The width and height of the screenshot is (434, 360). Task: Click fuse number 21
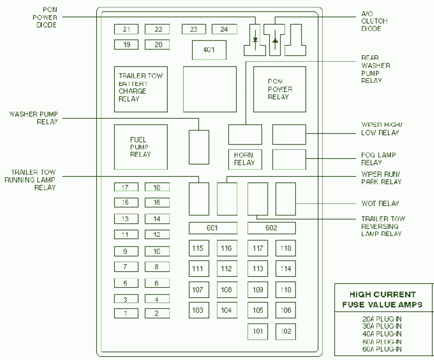pyautogui.click(x=126, y=29)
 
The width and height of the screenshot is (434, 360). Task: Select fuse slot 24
pyautogui.click(x=224, y=29)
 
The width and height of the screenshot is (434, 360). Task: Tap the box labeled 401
pyautogui.click(x=209, y=50)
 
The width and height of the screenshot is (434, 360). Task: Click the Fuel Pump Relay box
pyautogui.click(x=141, y=147)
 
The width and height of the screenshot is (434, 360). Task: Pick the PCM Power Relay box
pyautogui.click(x=279, y=89)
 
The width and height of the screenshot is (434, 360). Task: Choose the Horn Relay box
pyautogui.click(x=245, y=159)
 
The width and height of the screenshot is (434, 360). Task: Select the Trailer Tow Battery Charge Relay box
pyautogui.click(x=141, y=89)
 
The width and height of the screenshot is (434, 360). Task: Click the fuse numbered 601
pyautogui.click(x=212, y=228)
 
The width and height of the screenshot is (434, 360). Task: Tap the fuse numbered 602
pyautogui.click(x=271, y=228)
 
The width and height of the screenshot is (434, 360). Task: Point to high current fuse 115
pyautogui.click(x=198, y=248)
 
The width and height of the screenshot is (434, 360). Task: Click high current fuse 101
pyautogui.click(x=258, y=331)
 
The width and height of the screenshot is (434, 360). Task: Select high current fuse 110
pyautogui.click(x=286, y=290)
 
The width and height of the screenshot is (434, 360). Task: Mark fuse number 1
pyautogui.click(x=125, y=314)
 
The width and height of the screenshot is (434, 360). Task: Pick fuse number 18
pyautogui.click(x=157, y=187)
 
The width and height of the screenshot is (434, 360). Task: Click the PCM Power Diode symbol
pyautogui.click(x=255, y=41)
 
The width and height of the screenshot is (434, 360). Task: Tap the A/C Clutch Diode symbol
pyautogui.click(x=275, y=41)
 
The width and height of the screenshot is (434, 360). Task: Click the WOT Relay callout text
pyautogui.click(x=380, y=204)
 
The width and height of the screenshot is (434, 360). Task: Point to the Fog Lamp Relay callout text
pyautogui.click(x=378, y=159)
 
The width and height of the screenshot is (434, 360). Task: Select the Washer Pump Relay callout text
pyautogui.click(x=33, y=118)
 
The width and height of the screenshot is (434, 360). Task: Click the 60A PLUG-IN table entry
pyautogui.click(x=383, y=349)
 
